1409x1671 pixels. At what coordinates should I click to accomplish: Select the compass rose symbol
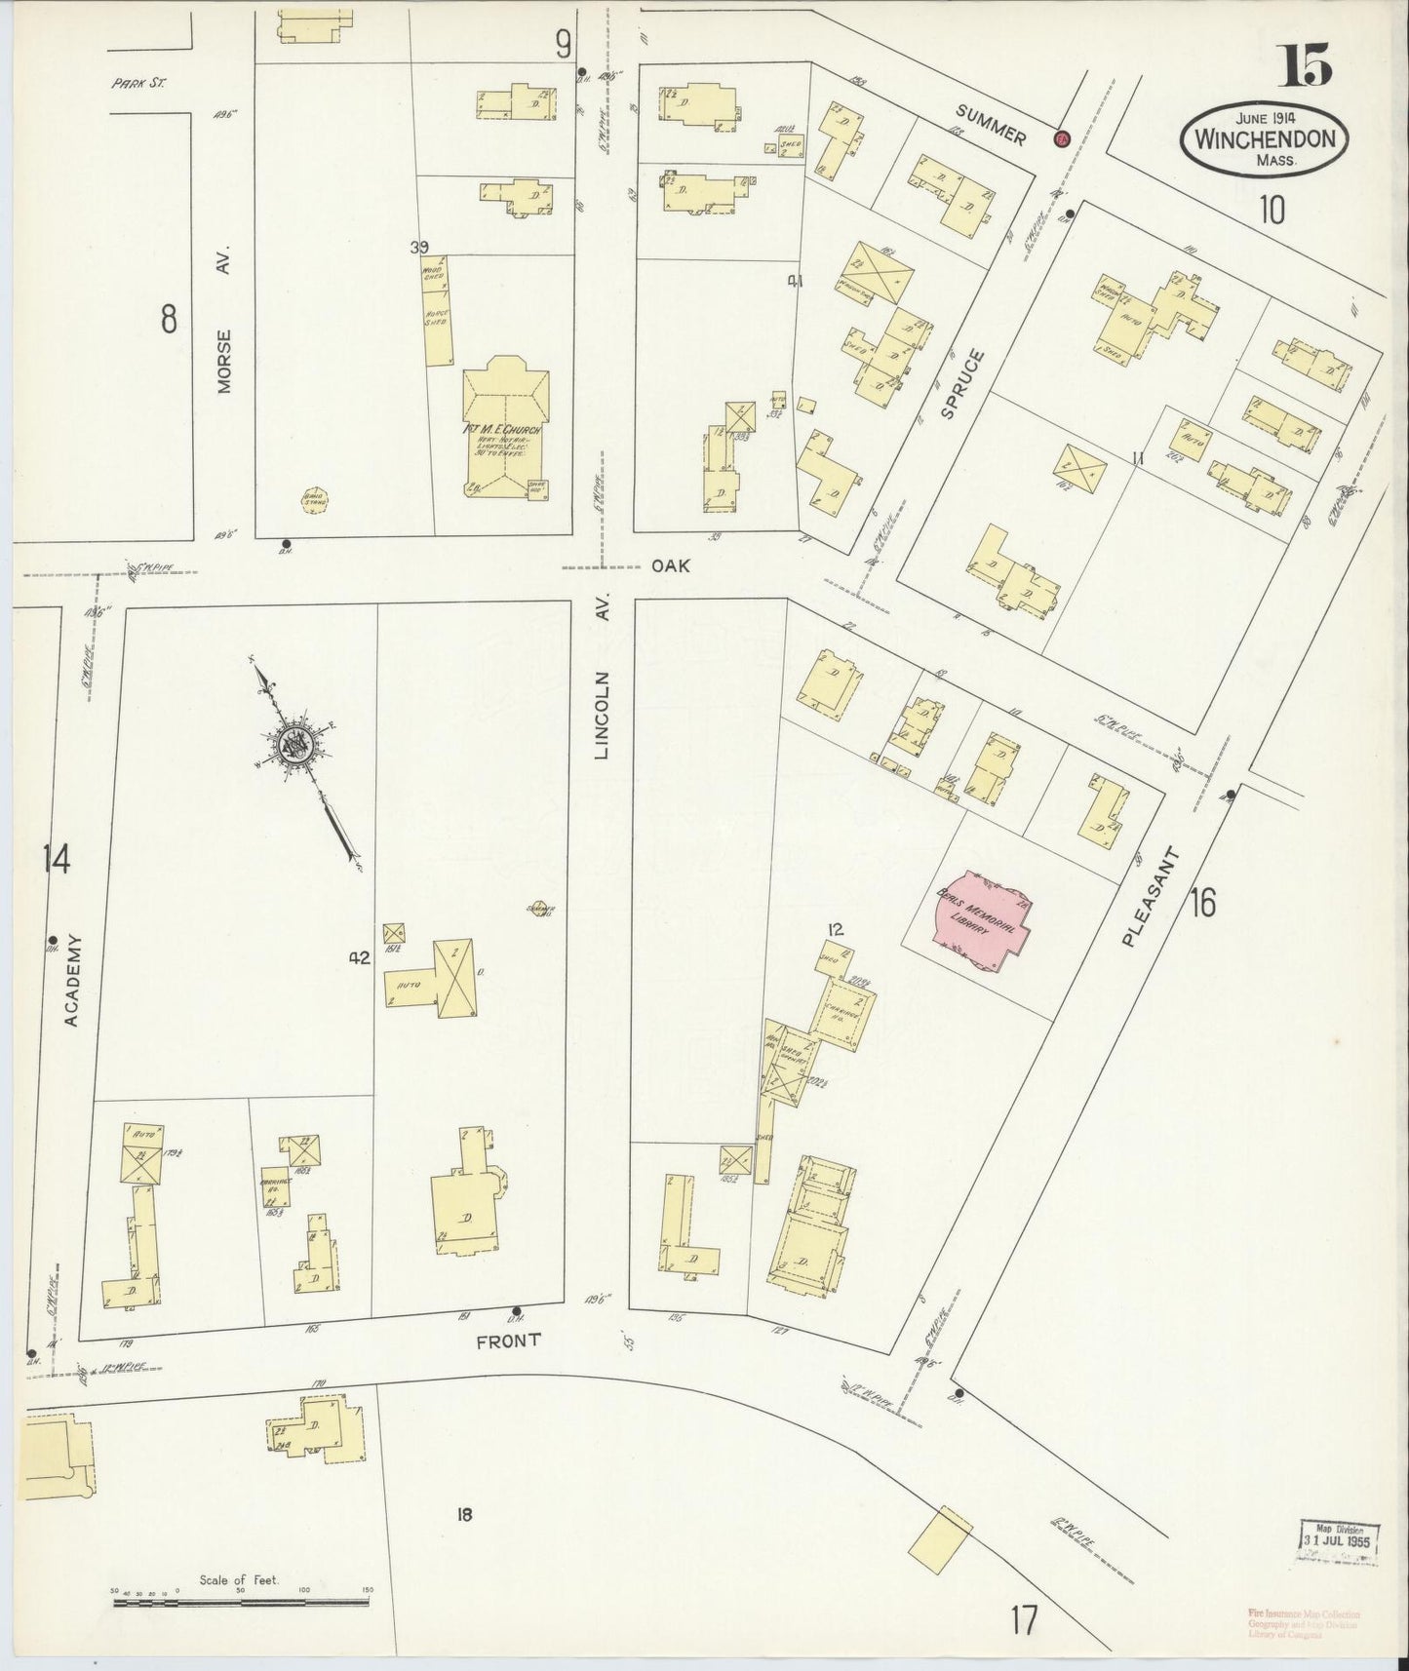coord(293,746)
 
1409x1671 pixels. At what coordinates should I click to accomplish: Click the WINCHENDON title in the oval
coord(1265,138)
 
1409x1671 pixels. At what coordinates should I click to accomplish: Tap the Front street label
coord(508,1341)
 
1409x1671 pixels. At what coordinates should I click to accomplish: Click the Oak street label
coord(671,564)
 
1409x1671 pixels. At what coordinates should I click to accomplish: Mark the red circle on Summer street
coord(1061,138)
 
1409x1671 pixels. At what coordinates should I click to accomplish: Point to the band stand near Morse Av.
coord(314,499)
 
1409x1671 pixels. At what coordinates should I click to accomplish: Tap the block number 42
coord(360,958)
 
